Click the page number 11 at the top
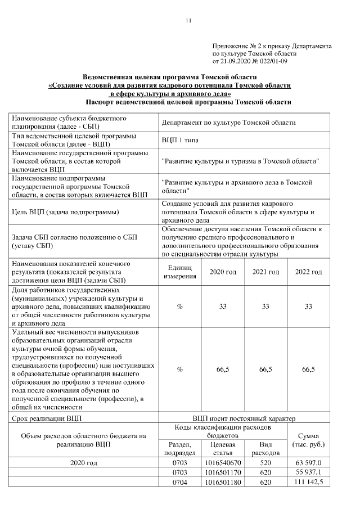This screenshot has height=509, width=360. [188, 21]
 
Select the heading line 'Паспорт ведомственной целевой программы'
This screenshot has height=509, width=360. [188, 102]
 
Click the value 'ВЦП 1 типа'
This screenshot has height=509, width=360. [179, 140]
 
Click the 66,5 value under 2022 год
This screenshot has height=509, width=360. [308, 370]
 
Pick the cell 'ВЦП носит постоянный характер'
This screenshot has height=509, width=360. [244, 418]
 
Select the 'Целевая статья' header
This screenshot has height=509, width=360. [223, 448]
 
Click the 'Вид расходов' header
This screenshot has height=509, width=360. [265, 448]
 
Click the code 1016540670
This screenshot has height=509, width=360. [223, 463]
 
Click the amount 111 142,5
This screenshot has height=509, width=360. [308, 482]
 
